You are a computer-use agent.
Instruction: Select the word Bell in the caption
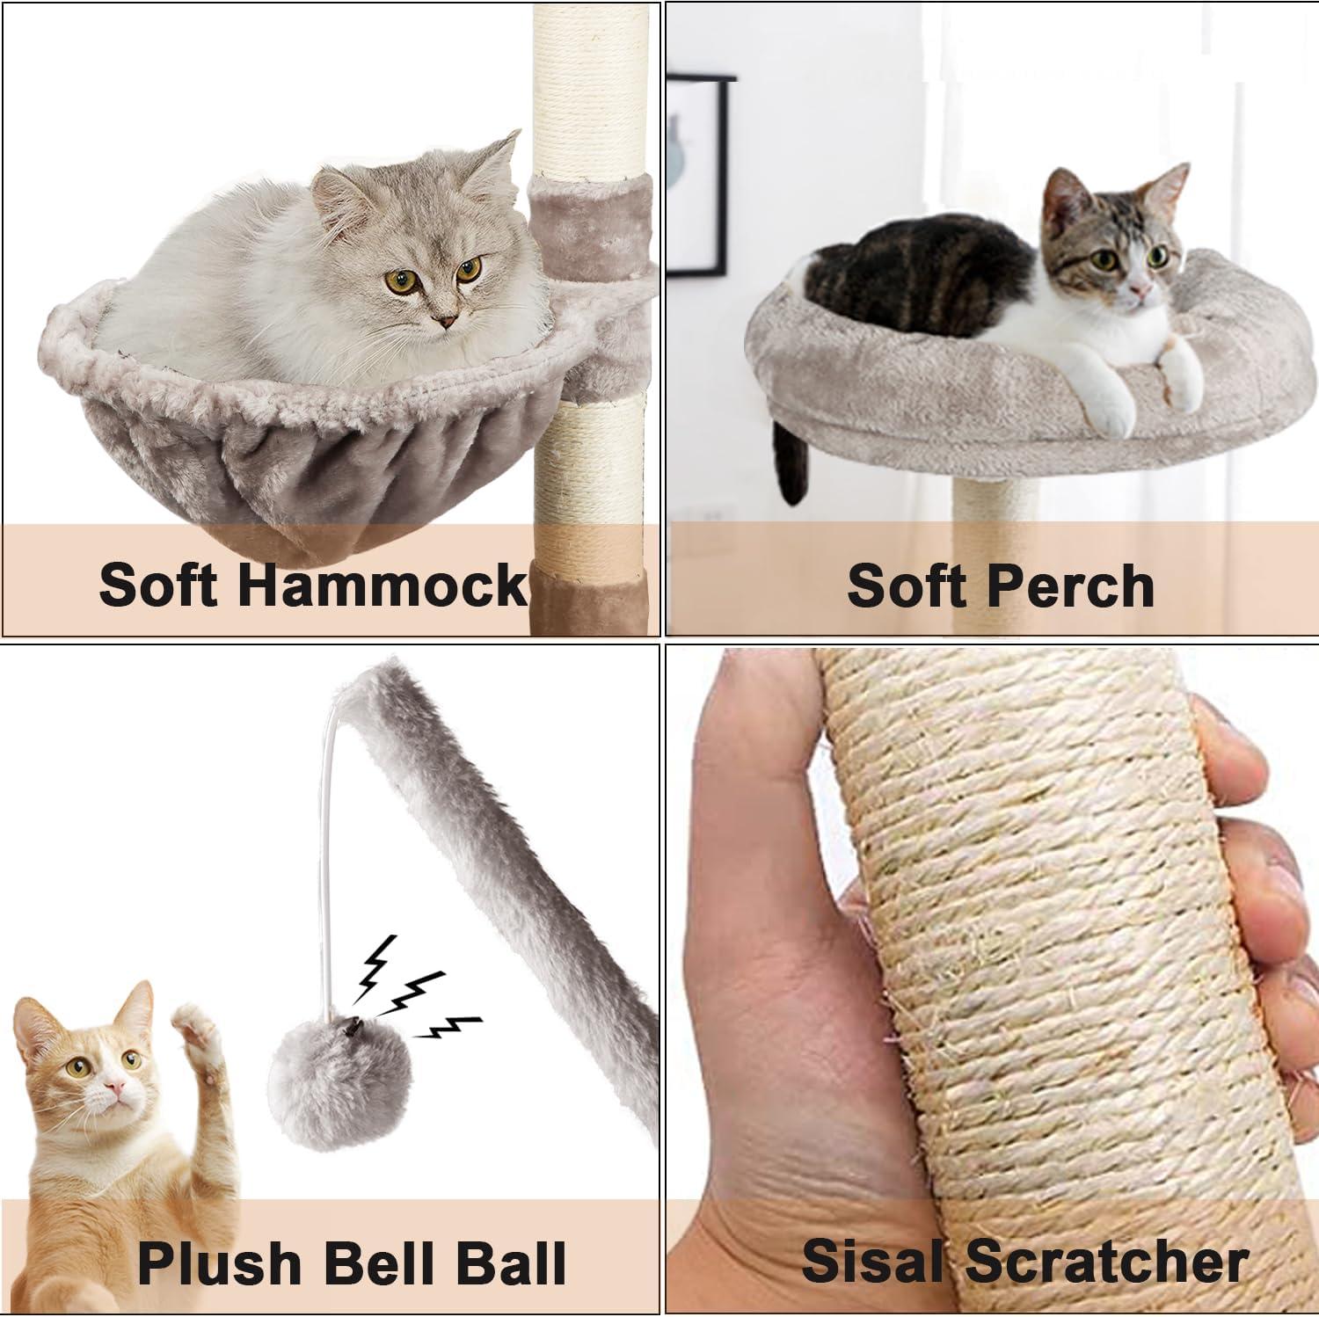pyautogui.click(x=381, y=1262)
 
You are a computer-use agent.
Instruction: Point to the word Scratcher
pyautogui.click(x=1108, y=1261)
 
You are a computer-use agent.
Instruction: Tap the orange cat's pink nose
pyautogui.click(x=113, y=1091)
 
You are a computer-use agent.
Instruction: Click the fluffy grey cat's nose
pyautogui.click(x=448, y=322)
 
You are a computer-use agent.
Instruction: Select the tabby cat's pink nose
pyautogui.click(x=1140, y=288)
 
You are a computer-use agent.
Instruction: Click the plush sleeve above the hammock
pyautogui.click(x=591, y=220)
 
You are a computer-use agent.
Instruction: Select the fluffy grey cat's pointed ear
pyautogui.click(x=505, y=158)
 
